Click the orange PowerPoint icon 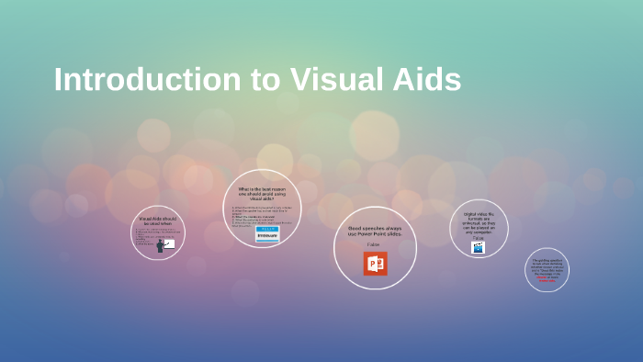(375, 264)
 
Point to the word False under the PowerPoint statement (373, 244)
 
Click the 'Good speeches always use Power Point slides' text (375, 231)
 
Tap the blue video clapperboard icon (478, 247)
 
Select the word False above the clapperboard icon (479, 238)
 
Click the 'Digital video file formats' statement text (479, 222)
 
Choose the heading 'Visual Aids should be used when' (157, 221)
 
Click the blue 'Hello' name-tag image (267, 234)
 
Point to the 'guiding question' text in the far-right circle (547, 265)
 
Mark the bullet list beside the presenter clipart (147, 236)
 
